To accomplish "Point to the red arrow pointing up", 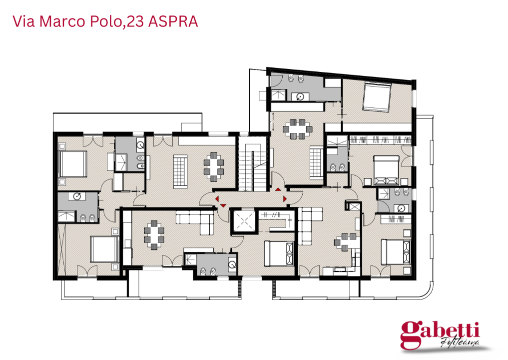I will (278, 189).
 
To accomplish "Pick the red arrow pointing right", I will (285, 199).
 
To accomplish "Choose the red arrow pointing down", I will (223, 204).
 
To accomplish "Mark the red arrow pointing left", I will (217, 199).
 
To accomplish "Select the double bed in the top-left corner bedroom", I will (73, 163).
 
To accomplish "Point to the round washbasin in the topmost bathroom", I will (300, 96).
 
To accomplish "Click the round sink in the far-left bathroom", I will (77, 196).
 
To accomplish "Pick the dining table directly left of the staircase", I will (214, 166).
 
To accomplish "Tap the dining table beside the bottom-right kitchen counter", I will (345, 241).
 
